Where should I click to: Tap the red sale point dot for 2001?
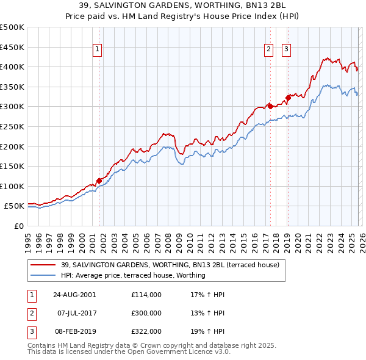(x=99, y=180)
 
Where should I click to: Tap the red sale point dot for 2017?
(x=270, y=106)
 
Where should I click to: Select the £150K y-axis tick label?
(x=12, y=166)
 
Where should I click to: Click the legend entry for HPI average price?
(x=133, y=275)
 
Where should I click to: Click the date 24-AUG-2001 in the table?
(x=74, y=295)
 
